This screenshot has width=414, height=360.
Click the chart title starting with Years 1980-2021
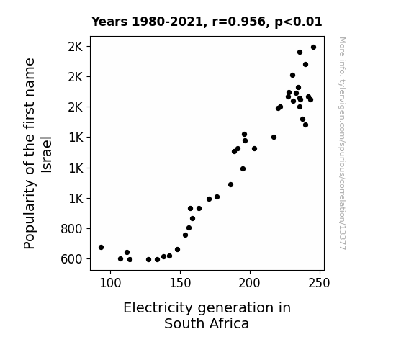pos(207,22)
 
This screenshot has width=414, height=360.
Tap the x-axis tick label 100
pos(110,283)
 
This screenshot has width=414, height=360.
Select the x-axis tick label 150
pos(180,283)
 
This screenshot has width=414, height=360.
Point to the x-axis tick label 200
pos(250,283)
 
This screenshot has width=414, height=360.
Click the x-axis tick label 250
pos(320,283)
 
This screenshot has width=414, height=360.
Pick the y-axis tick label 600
pos(71,259)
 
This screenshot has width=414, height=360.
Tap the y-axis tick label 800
pos(71,229)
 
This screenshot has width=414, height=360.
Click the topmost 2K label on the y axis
pos(76,47)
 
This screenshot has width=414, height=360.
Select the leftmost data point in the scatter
pos(101,247)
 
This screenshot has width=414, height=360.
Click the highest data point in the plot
pos(313,48)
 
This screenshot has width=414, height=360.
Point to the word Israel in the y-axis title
pos(47,155)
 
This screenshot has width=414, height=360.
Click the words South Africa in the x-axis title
pos(207,324)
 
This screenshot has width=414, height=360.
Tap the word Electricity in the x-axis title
pos(158,308)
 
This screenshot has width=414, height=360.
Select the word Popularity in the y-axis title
pos(30,215)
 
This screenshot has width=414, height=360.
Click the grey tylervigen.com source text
pos(342,143)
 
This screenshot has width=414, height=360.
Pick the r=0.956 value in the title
pos(238,22)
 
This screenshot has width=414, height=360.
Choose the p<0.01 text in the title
pos(298,22)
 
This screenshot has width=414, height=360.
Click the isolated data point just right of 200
pos(255,149)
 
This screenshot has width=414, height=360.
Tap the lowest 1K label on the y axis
pos(76,198)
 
